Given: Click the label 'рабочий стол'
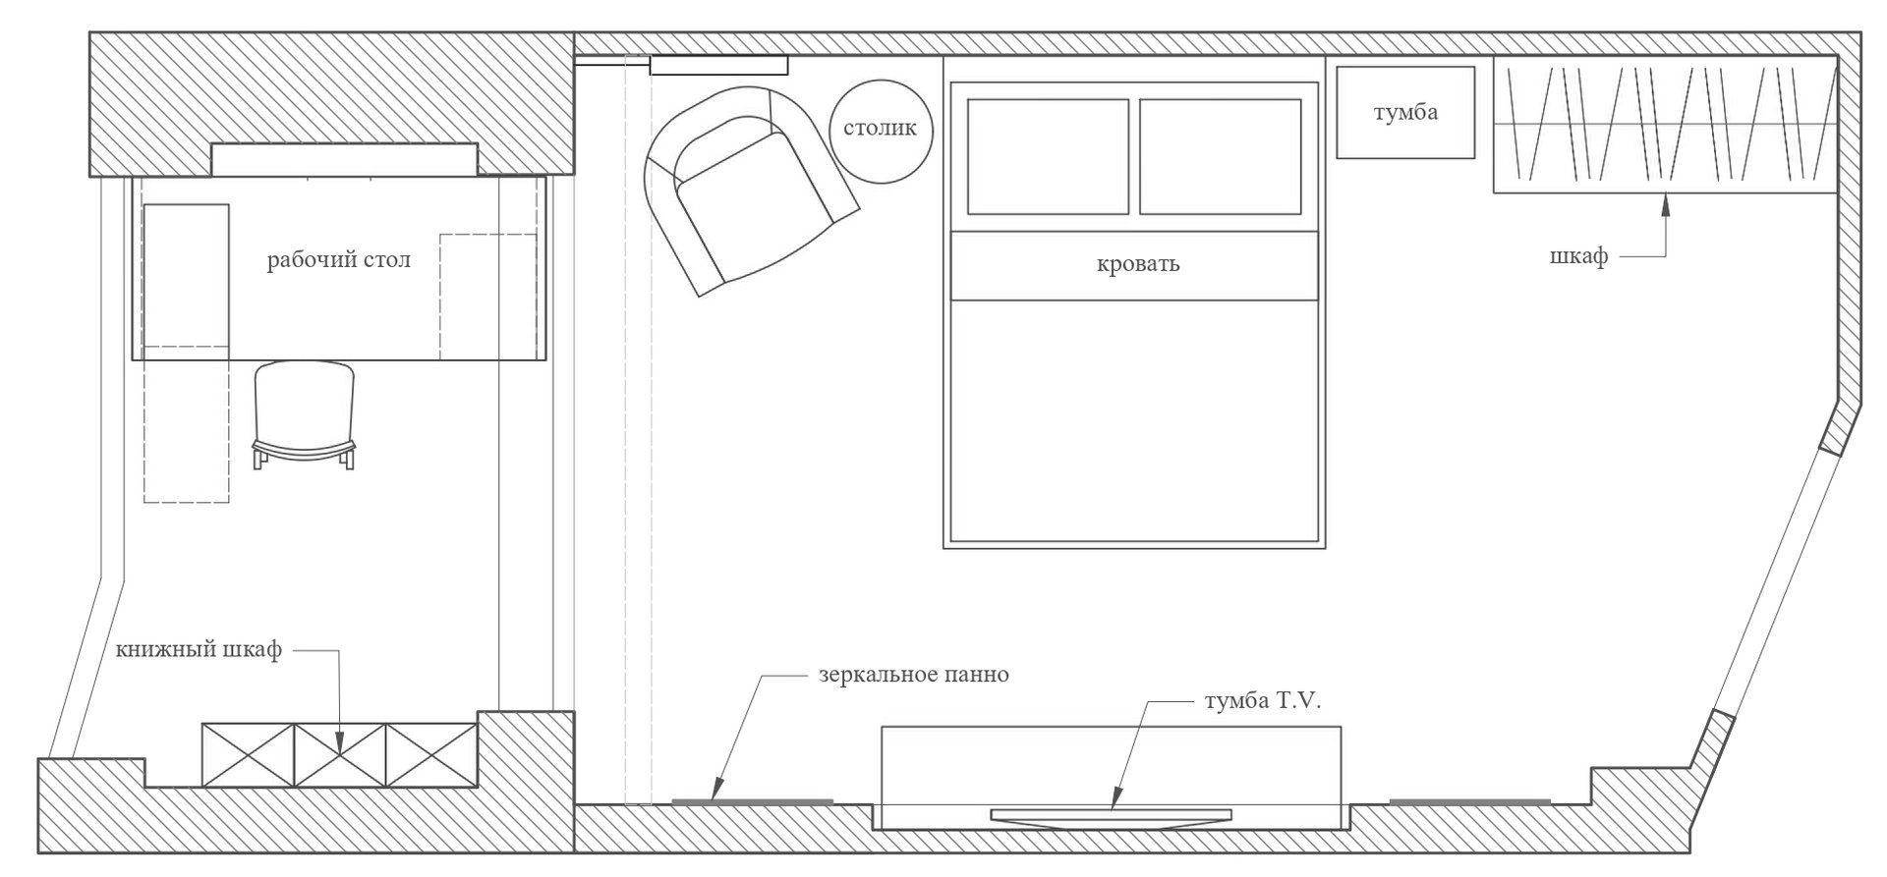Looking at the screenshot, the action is click(x=339, y=261).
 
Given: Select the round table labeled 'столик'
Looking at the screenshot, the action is click(x=881, y=131).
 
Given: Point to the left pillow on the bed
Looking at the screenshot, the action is click(x=1048, y=156).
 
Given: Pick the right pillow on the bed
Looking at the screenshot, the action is click(x=1220, y=156).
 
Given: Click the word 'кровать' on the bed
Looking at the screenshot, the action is click(x=1138, y=264).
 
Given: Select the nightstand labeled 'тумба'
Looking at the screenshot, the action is click(x=1405, y=112).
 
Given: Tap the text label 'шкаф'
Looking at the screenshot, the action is click(x=1578, y=257).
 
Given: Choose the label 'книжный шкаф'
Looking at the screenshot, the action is click(x=199, y=651).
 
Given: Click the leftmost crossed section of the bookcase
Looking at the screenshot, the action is click(x=249, y=755).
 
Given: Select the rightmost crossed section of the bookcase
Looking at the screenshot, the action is click(x=431, y=755).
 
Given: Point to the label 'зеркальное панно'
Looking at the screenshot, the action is click(x=914, y=676).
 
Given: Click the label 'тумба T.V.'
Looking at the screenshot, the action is click(x=1264, y=702).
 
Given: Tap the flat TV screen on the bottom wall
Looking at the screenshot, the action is click(x=1111, y=816).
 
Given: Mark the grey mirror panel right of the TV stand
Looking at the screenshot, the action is click(x=1469, y=802).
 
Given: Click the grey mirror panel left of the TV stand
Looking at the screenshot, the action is click(x=752, y=802).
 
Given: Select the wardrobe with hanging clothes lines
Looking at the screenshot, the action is click(x=1665, y=125).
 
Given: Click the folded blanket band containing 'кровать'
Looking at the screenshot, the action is click(x=1134, y=265).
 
